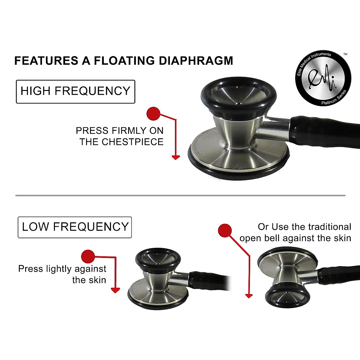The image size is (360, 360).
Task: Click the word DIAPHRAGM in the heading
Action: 196,61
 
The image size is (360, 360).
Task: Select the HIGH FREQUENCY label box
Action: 75,91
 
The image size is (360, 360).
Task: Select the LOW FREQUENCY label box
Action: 75,227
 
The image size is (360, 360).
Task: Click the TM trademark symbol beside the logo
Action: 345,54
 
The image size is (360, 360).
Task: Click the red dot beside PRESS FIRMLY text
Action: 153,114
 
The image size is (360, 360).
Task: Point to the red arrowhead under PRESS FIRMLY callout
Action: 175,157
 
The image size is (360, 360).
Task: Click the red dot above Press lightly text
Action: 88,256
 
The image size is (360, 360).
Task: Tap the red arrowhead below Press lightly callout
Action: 115,290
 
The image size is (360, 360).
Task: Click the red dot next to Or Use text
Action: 225,231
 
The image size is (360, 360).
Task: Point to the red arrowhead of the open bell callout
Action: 249,296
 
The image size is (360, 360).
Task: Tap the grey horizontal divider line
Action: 180,196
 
